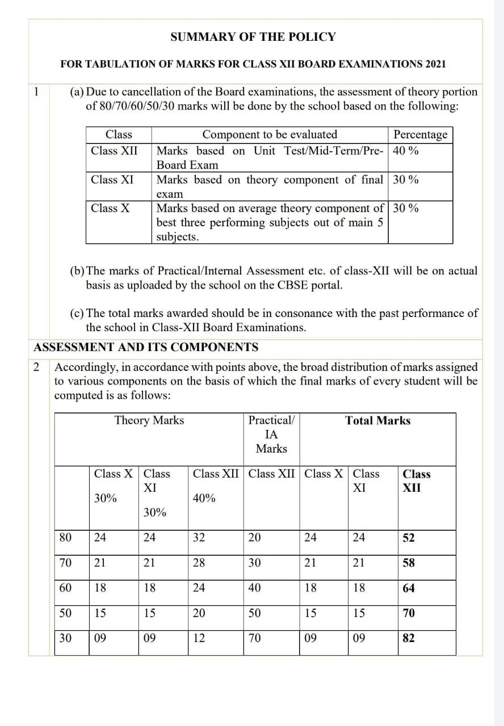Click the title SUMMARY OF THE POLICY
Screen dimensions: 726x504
(x=253, y=37)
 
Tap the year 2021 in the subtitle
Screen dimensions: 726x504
(x=434, y=64)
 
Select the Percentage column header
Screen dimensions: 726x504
(x=420, y=134)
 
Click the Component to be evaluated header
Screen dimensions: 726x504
(x=270, y=134)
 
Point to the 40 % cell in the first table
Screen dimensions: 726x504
(x=406, y=151)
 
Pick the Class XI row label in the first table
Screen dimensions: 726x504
(x=112, y=180)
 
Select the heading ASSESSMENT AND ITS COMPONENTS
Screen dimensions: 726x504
(x=146, y=347)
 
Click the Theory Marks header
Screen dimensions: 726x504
(x=149, y=420)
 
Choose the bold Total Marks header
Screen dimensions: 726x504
(x=377, y=420)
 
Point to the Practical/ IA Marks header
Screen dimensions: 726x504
(x=271, y=434)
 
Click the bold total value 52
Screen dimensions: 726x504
(x=409, y=538)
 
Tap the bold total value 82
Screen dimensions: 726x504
(x=409, y=638)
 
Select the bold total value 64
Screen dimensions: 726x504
(x=409, y=588)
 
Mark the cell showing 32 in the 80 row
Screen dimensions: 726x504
(x=199, y=538)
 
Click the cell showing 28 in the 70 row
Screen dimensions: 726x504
(x=199, y=563)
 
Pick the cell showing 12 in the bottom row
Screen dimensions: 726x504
(x=199, y=638)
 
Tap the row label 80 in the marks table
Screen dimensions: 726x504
(x=65, y=538)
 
